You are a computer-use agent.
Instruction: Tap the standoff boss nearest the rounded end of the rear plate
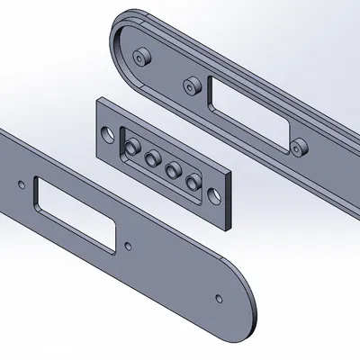(x=139, y=58)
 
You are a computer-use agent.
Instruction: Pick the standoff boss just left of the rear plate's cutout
(x=190, y=86)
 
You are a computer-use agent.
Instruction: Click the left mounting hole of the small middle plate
(x=109, y=133)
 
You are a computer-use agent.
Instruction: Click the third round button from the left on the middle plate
(x=171, y=170)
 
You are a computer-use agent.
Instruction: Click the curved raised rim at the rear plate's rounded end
(x=116, y=45)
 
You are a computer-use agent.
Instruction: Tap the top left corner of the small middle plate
(x=96, y=102)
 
